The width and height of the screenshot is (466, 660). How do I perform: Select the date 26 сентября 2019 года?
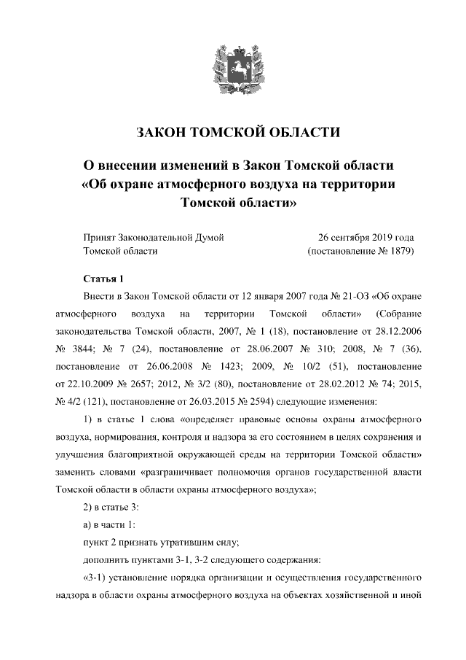click(366, 237)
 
